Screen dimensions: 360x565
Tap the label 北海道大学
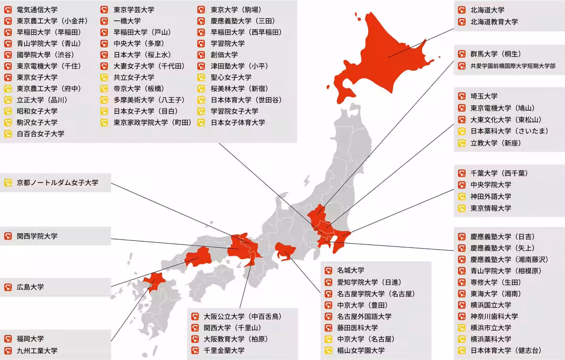point(487,10)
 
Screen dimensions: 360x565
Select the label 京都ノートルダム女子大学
point(57,182)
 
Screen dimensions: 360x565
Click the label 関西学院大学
point(37,236)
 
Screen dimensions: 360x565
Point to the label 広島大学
point(30,286)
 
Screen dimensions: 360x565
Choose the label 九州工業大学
point(37,351)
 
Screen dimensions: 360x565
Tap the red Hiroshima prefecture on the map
point(198,257)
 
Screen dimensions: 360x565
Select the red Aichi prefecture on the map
point(285,253)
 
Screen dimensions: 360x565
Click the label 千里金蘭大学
point(224,350)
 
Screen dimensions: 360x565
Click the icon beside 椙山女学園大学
point(328,350)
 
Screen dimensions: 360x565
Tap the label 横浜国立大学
point(491,305)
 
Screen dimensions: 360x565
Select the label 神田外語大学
point(491,196)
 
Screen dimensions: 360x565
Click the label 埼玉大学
point(484,96)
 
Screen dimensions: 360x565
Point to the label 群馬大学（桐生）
point(496,54)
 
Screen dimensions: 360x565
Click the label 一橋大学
point(127,21)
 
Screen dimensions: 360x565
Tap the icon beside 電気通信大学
point(8,9)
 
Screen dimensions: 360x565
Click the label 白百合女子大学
point(40,134)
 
